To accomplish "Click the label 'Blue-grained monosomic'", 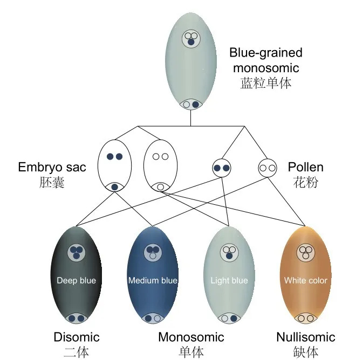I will [x=265, y=60].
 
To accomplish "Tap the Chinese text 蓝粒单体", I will [x=265, y=84].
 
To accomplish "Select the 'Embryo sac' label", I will [x=52, y=167].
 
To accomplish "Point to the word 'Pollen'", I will [x=305, y=167].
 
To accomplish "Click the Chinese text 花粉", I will [x=305, y=182].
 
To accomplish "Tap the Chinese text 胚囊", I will [x=52, y=182].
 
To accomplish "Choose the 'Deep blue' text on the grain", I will [x=76, y=280].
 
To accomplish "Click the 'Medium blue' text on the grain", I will [x=153, y=280].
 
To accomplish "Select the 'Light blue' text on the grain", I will [x=229, y=280].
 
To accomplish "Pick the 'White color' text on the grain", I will [x=305, y=280].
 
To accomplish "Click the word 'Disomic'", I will [x=77, y=337].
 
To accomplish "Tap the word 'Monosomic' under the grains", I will [x=191, y=337].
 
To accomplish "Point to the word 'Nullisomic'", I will [x=305, y=337].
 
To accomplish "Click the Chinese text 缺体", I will [x=305, y=352].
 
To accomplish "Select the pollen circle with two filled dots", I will [x=222, y=168].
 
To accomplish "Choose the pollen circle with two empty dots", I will [x=267, y=168].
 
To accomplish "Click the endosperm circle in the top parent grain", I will [x=190, y=38].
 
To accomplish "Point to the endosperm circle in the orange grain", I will [x=306, y=252].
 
